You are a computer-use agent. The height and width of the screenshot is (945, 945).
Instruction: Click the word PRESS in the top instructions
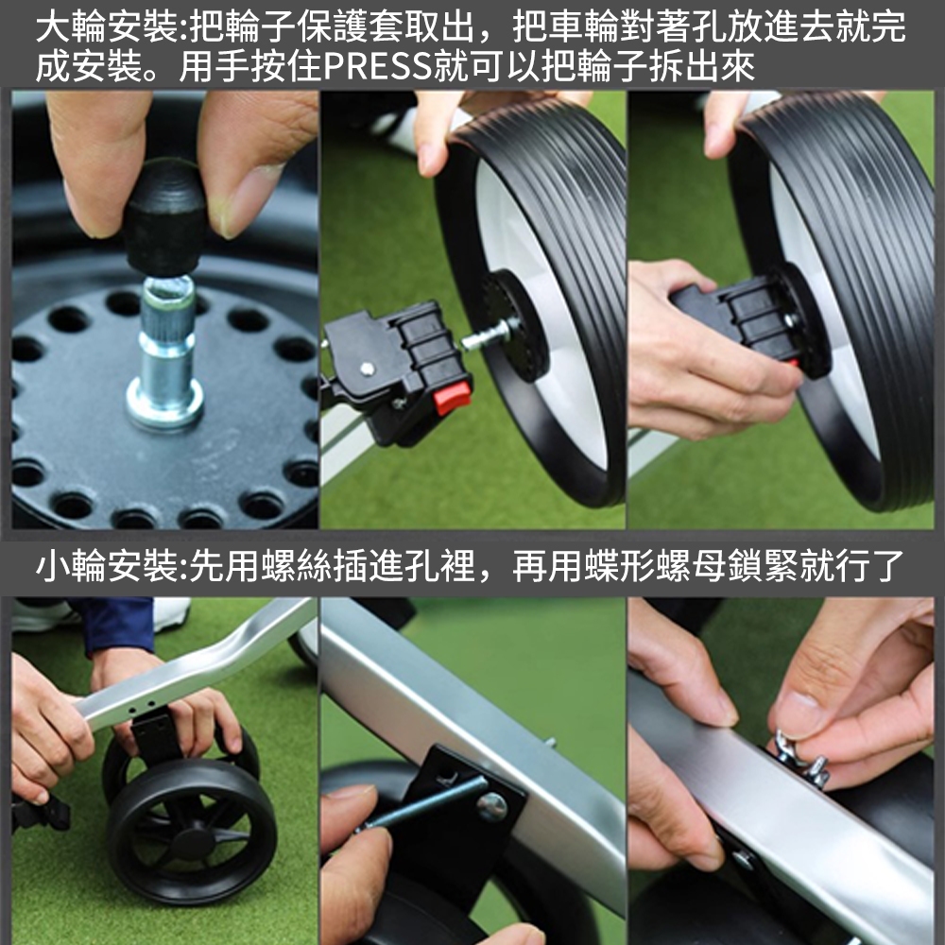378,66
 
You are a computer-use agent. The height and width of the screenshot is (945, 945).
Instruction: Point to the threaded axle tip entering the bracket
489,335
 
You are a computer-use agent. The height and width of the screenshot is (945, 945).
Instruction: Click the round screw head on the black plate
491,806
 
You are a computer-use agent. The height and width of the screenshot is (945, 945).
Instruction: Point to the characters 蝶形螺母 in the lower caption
655,566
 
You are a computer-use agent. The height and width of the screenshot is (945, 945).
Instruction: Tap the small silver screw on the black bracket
365,367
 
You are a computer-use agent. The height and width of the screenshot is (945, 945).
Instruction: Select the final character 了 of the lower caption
886,566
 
